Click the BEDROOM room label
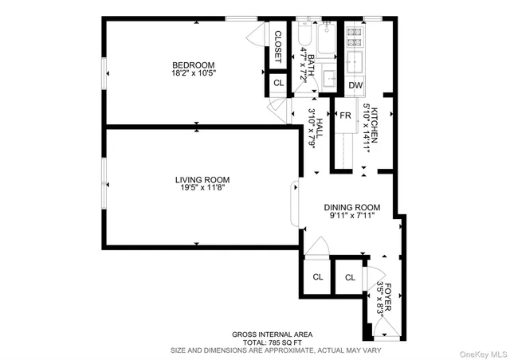click(194, 65)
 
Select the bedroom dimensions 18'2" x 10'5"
click(194, 73)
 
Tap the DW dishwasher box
click(355, 85)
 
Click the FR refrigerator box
click(345, 115)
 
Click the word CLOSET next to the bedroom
click(278, 46)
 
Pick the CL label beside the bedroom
click(278, 83)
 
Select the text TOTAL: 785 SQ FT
click(272, 341)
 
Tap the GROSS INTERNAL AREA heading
click(272, 334)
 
